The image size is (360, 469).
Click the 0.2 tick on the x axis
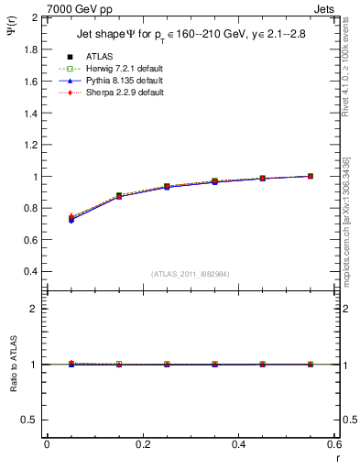(x=142, y=444)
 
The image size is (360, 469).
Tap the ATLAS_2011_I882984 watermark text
(x=190, y=274)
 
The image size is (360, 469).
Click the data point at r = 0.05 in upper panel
(x=71, y=218)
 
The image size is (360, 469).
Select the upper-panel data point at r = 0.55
(x=311, y=176)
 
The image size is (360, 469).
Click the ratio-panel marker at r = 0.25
(x=167, y=364)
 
